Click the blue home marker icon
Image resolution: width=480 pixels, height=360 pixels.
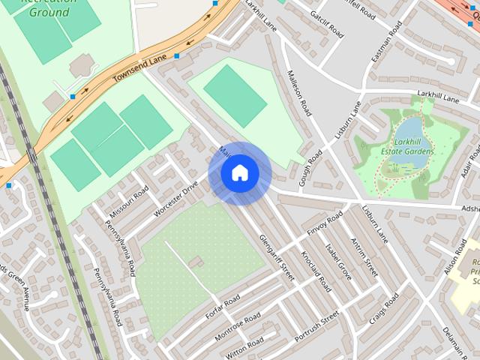click(239, 173)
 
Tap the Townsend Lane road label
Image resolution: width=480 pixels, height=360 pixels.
click(139, 67)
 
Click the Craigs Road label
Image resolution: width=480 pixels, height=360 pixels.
click(384, 309)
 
